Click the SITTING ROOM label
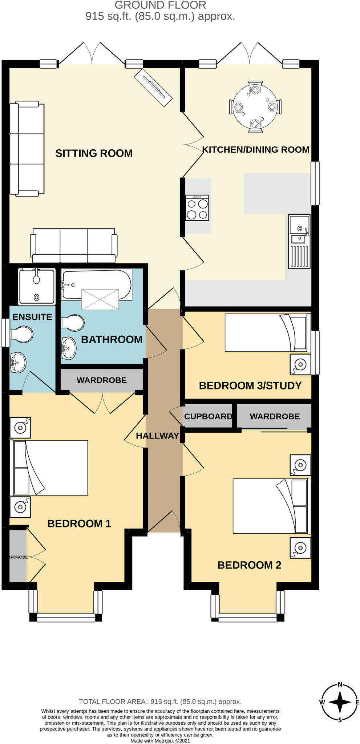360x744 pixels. tap(94, 153)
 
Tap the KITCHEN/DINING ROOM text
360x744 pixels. tap(255, 150)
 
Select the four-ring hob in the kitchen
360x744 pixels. tap(197, 208)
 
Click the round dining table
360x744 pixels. tap(255, 107)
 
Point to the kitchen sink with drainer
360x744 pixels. tap(299, 242)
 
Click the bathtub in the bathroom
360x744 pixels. tap(96, 285)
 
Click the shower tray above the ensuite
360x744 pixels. tap(37, 286)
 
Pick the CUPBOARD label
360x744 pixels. tap(208, 416)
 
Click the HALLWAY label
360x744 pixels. tap(157, 436)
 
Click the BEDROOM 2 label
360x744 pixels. tap(249, 565)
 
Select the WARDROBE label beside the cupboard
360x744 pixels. tap(275, 416)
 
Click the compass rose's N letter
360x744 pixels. tap(340, 684)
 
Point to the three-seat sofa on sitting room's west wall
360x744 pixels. tap(27, 149)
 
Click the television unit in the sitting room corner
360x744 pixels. tap(153, 88)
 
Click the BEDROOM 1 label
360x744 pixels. tap(79, 523)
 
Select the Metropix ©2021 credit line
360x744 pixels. tap(160, 741)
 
